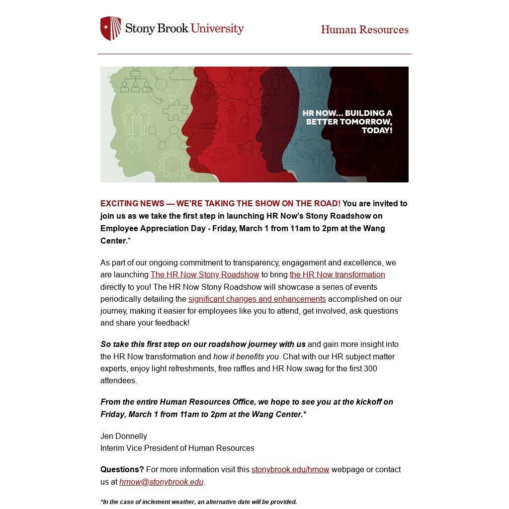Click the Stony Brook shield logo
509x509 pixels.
pyautogui.click(x=110, y=28)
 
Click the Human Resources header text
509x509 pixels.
pyautogui.click(x=364, y=30)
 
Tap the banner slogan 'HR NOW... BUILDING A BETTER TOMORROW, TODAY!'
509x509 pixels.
pyautogui.click(x=347, y=122)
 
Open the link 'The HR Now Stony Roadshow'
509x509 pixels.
pyautogui.click(x=205, y=275)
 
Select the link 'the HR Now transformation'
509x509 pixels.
pyautogui.click(x=337, y=275)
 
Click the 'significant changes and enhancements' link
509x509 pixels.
pyautogui.click(x=257, y=299)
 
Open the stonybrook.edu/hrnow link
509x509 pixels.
pyautogui.click(x=290, y=470)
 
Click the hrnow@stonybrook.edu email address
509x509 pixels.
pyautogui.click(x=161, y=482)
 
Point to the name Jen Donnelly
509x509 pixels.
pyautogui.click(x=124, y=436)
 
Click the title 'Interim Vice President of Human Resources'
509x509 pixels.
pyautogui.click(x=177, y=448)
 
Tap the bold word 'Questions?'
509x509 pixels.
pyautogui.click(x=122, y=470)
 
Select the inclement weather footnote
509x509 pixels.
pyautogui.click(x=199, y=502)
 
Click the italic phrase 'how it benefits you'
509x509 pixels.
pyautogui.click(x=246, y=357)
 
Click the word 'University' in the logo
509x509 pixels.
pyautogui.click(x=217, y=28)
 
